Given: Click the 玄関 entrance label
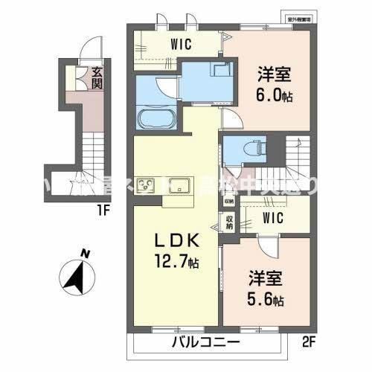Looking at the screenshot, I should point(97,77).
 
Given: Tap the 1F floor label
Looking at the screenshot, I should point(102,211).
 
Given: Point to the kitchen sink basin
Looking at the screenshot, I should point(179,185).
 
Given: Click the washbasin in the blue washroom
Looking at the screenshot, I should point(221,71).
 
